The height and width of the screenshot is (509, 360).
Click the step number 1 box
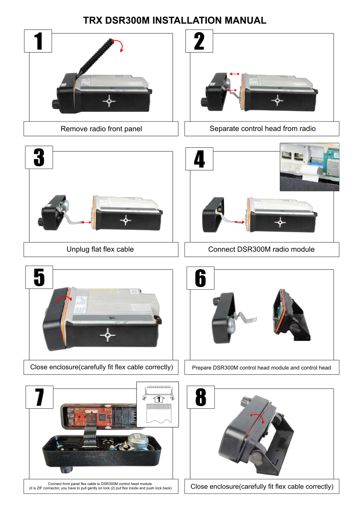pos(38,41)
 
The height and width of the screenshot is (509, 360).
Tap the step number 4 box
pos(199,159)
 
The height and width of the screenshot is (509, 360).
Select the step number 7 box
pos(39,397)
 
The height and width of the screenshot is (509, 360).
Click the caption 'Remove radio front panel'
pos(101,129)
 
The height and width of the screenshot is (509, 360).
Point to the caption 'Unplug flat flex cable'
pos(100,249)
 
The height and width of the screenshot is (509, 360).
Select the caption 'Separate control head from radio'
pos(263,129)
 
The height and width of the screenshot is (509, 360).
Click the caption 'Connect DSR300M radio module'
pos(261,249)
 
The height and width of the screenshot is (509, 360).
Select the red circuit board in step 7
pos(90,417)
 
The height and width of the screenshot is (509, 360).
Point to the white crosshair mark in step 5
pos(107,334)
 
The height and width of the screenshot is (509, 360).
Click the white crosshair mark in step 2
pos(277,100)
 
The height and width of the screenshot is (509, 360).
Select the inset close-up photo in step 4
pos(309,167)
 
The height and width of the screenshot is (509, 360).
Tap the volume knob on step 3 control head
pos(40,222)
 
